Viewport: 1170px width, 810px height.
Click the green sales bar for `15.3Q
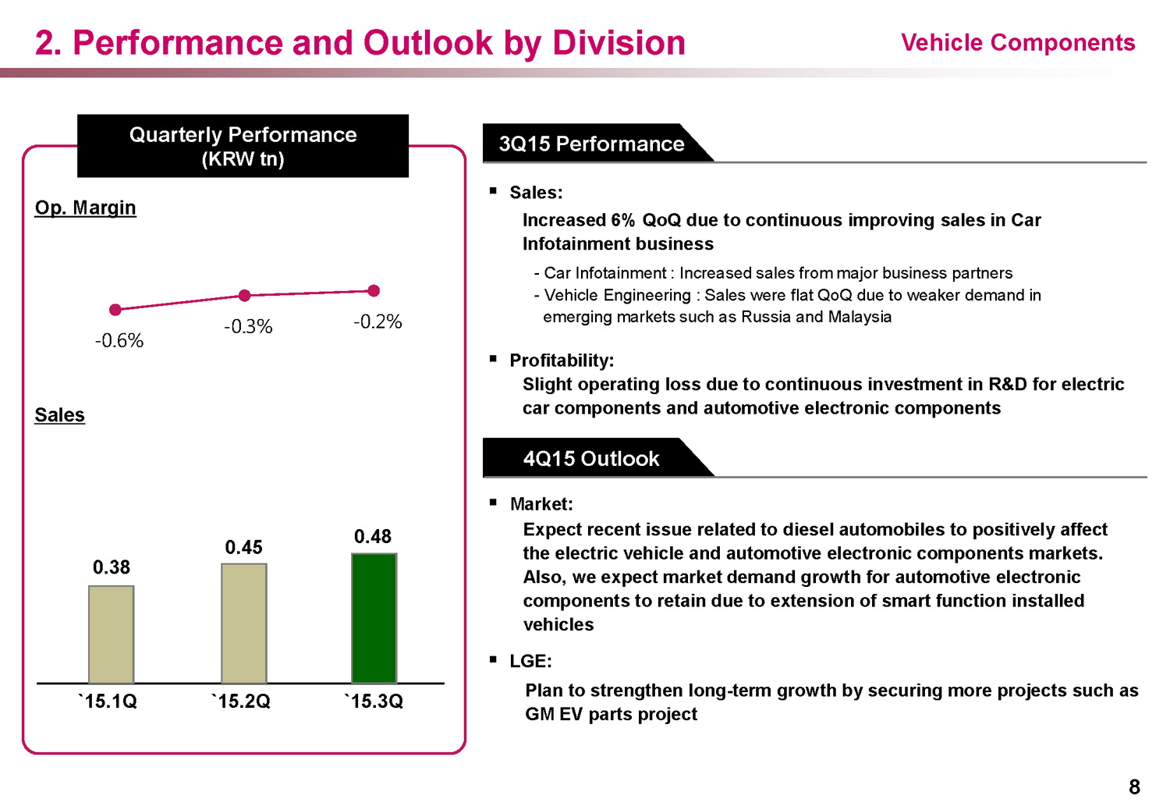[x=374, y=618]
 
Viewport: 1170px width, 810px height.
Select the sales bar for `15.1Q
[x=112, y=634]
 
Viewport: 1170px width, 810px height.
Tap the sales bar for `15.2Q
[x=244, y=623]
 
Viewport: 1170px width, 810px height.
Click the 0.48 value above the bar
[x=373, y=537]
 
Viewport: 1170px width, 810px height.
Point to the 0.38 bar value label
[x=112, y=567]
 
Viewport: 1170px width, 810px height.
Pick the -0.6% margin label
[x=119, y=341]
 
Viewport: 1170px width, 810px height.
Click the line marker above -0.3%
[x=245, y=295]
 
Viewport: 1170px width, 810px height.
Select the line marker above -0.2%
[x=374, y=290]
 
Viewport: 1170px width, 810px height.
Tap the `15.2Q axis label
[x=241, y=702]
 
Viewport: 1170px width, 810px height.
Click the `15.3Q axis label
[x=374, y=702]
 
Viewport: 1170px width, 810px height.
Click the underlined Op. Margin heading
[x=86, y=208]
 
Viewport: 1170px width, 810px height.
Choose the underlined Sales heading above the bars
[x=60, y=415]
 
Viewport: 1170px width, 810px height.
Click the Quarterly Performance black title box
[x=243, y=146]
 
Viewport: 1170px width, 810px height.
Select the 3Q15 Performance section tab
[x=591, y=144]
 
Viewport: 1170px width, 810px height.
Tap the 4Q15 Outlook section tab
[x=591, y=458]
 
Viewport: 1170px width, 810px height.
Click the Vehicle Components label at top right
[x=1018, y=43]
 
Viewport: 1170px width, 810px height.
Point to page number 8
[x=1134, y=787]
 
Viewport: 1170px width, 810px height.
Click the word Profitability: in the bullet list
[x=562, y=361]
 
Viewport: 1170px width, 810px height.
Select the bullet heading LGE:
[x=530, y=661]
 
